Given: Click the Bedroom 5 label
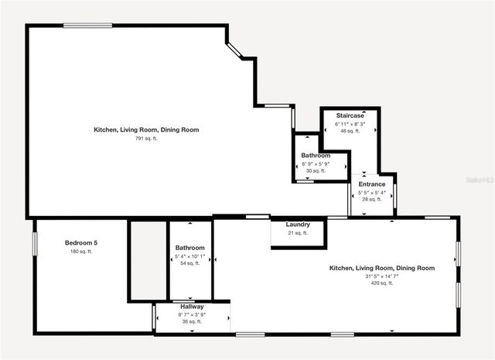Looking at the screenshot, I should coord(80,243).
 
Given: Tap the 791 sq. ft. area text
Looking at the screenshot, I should coord(145,139).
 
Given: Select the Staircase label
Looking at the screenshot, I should coord(350,115).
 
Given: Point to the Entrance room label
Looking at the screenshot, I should coord(371,184).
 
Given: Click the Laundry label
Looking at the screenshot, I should coord(298,225).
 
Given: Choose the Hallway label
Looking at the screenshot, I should coord(192,307).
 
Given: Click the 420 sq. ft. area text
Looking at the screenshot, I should coord(381,283).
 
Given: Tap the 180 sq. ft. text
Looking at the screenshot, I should coord(80,252).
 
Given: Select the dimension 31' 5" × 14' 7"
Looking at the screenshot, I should coord(381,276).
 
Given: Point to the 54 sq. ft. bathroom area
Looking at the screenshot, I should coord(190,263).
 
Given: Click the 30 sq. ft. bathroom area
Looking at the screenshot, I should coord(316,171).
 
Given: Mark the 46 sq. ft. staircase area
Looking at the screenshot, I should coord(350,132).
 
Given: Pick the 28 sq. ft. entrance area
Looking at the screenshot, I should coord(371,200).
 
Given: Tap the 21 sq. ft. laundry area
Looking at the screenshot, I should coord(298,233).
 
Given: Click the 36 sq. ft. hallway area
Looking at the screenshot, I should coord(192,322).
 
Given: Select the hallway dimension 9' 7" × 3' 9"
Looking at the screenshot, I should coord(192,314).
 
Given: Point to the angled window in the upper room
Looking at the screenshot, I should coord(235,49).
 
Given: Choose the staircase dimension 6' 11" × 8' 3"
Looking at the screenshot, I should coord(350,124).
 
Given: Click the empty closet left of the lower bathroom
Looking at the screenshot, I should coord(148,259).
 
